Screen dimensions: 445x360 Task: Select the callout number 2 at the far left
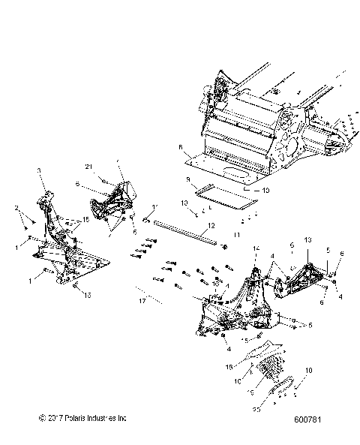click(x=16, y=206)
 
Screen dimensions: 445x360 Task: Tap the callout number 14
click(x=256, y=248)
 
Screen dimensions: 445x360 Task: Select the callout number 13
click(x=306, y=239)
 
